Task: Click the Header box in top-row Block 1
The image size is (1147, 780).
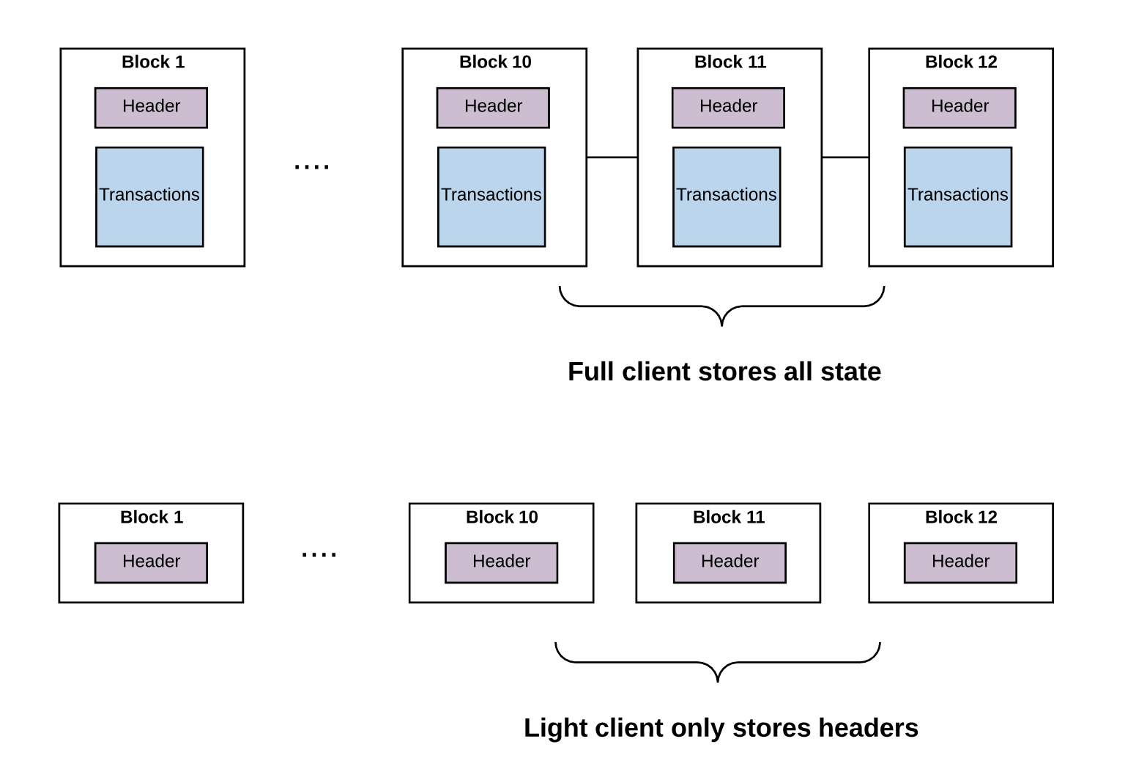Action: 151,108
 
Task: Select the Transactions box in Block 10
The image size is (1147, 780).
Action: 491,196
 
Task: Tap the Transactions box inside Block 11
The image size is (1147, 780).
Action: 727,196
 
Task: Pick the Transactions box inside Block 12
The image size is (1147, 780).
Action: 958,196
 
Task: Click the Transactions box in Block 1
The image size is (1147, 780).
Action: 149,196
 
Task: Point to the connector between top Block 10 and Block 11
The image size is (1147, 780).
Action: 612,158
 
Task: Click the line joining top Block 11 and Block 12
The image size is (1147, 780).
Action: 845,158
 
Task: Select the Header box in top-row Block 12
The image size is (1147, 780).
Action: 959,108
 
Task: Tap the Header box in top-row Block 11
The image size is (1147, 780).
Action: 728,108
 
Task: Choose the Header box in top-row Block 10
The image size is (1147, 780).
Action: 493,108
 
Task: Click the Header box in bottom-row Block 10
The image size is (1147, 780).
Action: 501,563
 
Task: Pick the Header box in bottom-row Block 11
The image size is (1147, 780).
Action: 730,563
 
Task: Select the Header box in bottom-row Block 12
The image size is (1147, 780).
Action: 961,563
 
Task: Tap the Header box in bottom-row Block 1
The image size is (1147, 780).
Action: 151,563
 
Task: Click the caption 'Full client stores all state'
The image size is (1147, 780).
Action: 724,372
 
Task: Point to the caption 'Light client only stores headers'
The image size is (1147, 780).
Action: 721,728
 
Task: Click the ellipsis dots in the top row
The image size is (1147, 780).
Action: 312,166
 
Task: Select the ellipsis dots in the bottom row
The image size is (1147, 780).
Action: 319,554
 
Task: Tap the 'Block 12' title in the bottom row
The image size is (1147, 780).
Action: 961,517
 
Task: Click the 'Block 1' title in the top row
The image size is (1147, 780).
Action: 153,62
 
